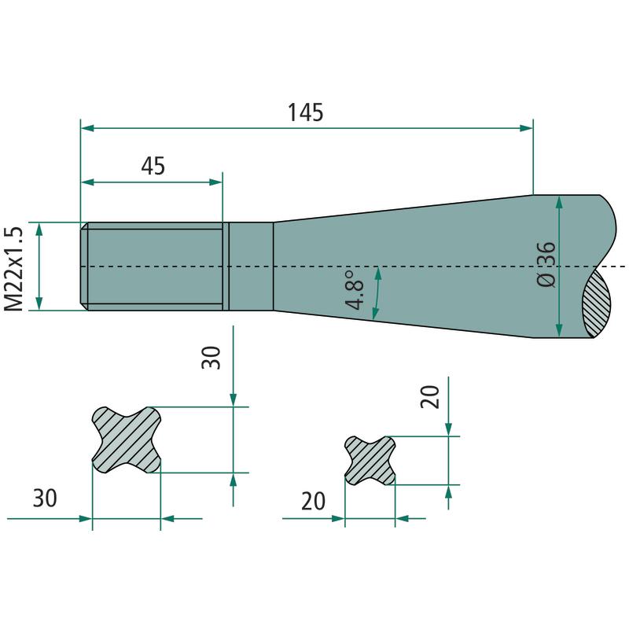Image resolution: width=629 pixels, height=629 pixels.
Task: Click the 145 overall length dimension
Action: tap(306, 112)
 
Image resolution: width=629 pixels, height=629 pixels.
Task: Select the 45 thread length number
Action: tap(153, 166)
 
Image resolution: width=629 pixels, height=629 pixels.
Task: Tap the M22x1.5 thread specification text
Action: tap(13, 269)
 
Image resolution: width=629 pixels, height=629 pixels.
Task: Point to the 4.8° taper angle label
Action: tap(355, 290)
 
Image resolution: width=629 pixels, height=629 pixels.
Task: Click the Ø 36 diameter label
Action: tap(546, 264)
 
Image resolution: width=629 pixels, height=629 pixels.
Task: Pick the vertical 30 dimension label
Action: tap(211, 358)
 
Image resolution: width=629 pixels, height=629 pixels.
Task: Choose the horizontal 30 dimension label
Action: tap(45, 498)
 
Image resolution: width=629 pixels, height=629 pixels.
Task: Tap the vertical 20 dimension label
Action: tap(430, 397)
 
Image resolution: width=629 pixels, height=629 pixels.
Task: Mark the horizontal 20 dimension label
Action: tap(313, 501)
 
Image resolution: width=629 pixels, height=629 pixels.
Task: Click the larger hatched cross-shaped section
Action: tap(127, 440)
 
